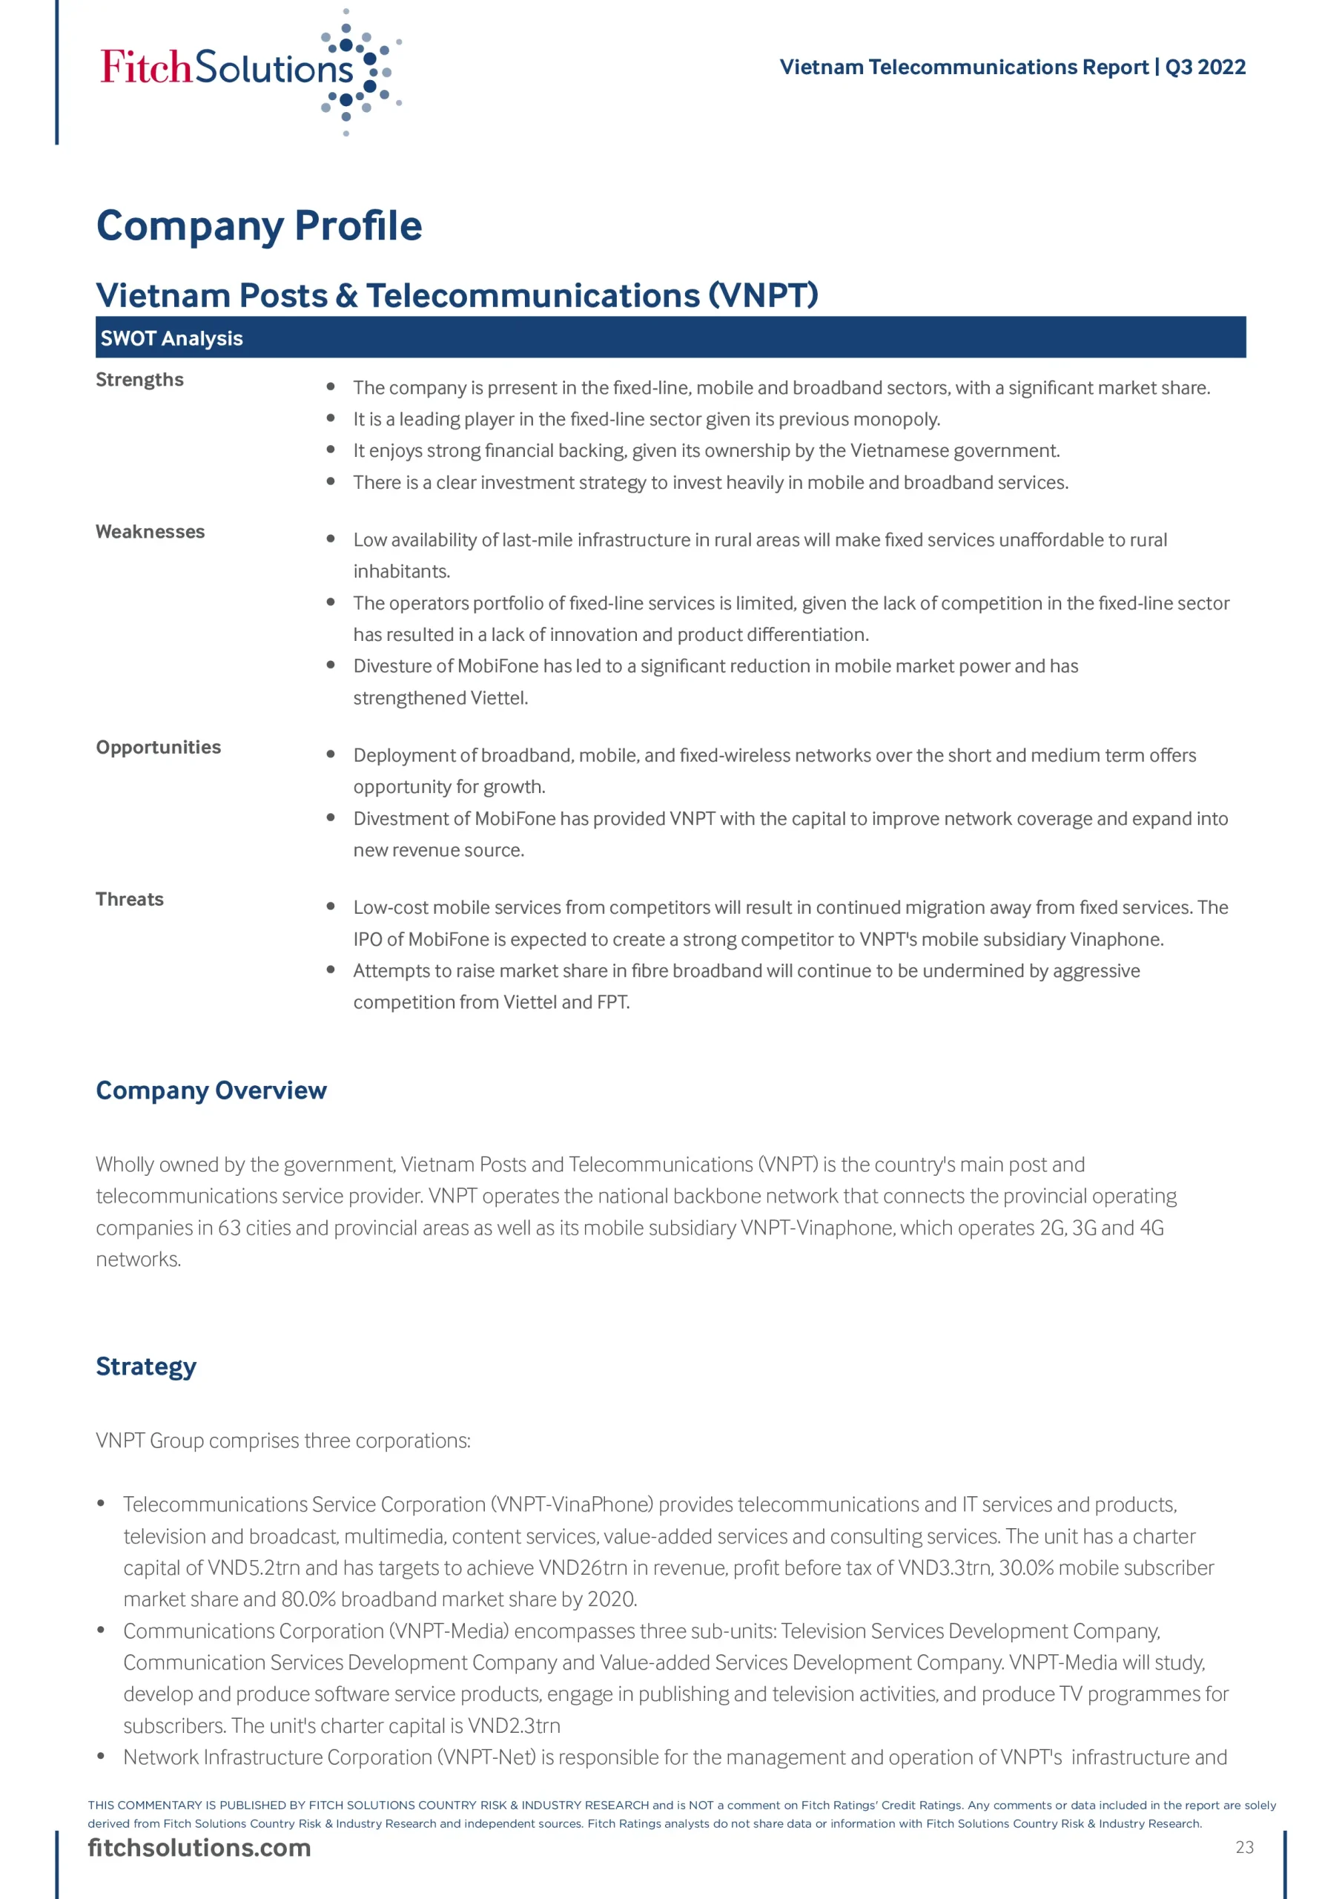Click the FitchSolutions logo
click(x=248, y=70)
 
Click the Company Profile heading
click(x=259, y=226)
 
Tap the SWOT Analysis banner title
click(x=171, y=338)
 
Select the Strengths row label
click(x=139, y=380)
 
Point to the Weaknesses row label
click(x=150, y=532)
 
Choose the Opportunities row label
click(x=158, y=748)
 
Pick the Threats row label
click(x=129, y=900)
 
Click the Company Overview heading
click(x=211, y=1091)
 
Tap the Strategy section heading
click(x=145, y=1367)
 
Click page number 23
click(x=1244, y=1848)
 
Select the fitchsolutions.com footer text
click(x=199, y=1849)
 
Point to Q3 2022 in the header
click(x=1205, y=67)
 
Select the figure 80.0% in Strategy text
click(x=308, y=1599)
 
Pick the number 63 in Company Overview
click(x=229, y=1228)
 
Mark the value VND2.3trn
click(x=514, y=1726)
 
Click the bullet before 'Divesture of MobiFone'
click(x=331, y=665)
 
